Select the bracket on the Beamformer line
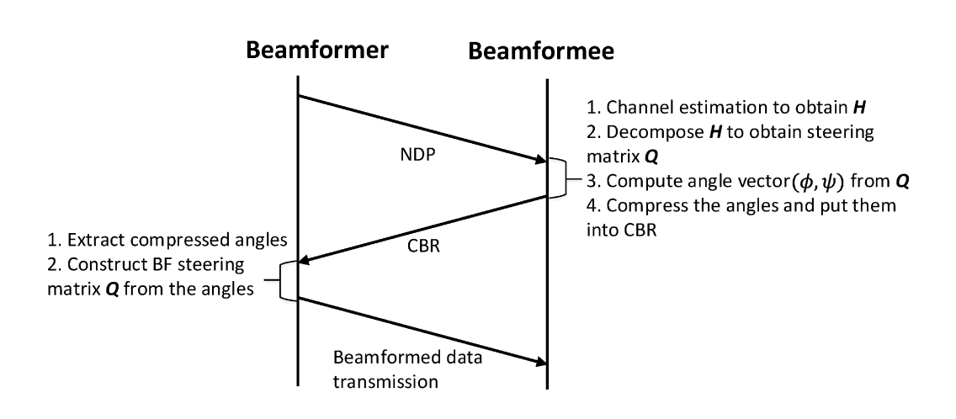287,280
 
